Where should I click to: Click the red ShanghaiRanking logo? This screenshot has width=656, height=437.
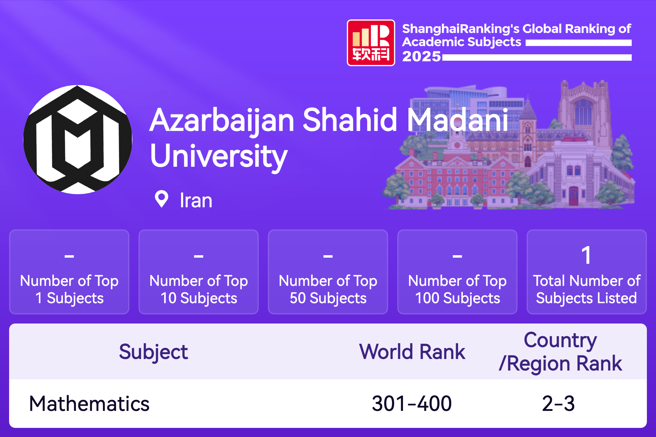(x=371, y=43)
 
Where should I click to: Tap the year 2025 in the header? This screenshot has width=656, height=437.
(x=422, y=56)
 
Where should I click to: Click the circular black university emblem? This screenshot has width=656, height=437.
(x=78, y=140)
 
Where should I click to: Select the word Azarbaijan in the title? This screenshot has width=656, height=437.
(x=222, y=121)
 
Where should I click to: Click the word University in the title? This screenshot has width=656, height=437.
(x=219, y=157)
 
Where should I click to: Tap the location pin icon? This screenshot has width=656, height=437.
(x=161, y=199)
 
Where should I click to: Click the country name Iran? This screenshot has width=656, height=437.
(x=196, y=201)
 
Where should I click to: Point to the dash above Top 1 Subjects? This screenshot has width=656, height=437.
(x=69, y=256)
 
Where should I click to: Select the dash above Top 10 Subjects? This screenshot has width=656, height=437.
(x=199, y=256)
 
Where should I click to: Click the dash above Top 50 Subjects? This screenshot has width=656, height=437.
(x=328, y=256)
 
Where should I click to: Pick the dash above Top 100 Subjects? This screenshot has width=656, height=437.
(x=457, y=256)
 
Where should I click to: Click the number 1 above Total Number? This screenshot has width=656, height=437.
(x=586, y=255)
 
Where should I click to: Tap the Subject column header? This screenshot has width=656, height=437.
(x=153, y=352)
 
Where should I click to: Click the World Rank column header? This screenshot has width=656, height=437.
(x=412, y=352)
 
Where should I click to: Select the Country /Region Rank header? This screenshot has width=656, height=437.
(x=561, y=352)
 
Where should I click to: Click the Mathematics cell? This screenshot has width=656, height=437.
(x=89, y=404)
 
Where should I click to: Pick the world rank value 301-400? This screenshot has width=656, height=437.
(x=412, y=404)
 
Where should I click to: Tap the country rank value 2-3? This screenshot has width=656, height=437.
(x=559, y=404)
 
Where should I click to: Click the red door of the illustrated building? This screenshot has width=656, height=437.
(x=573, y=196)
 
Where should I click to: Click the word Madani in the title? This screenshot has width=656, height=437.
(x=457, y=120)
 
